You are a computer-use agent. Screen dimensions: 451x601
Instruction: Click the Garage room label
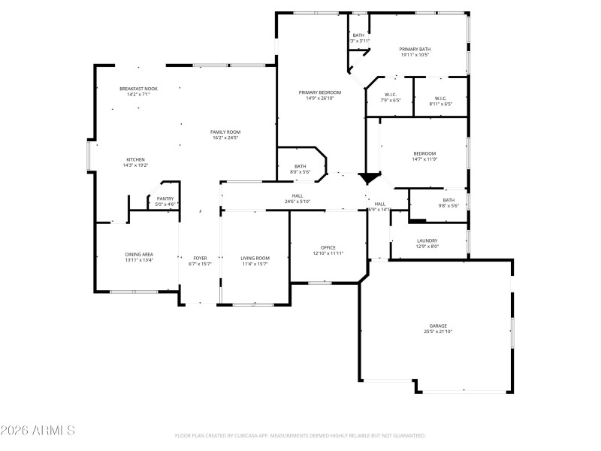tap(438, 325)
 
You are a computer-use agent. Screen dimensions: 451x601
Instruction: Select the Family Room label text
tap(225, 132)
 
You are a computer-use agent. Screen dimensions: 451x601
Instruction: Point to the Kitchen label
tap(135, 159)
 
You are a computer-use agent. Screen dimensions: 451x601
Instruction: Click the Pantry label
tap(165, 198)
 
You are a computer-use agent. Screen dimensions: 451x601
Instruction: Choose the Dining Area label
tap(139, 255)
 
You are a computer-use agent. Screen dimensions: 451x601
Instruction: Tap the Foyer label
tap(200, 258)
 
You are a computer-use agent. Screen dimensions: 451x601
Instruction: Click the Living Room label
tap(255, 258)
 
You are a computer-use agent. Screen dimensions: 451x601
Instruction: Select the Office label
tap(328, 247)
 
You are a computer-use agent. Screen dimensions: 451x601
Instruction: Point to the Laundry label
tap(427, 241)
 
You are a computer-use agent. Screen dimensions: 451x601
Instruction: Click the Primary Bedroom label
tap(320, 92)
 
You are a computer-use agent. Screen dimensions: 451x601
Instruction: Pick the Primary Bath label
tap(415, 49)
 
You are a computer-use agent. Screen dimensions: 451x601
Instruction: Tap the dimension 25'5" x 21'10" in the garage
tap(438, 331)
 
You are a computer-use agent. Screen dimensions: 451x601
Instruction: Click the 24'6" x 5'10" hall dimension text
tap(297, 201)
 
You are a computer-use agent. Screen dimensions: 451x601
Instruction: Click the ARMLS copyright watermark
tap(38, 431)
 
